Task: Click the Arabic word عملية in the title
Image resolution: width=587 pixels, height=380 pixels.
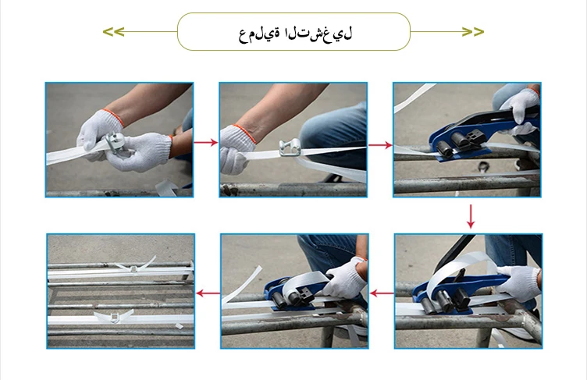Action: click(260, 33)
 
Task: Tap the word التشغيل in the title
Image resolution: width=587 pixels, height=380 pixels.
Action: click(318, 33)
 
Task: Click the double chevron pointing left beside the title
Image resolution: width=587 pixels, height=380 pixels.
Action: click(113, 32)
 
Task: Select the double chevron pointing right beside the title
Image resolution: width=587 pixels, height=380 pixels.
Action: click(472, 32)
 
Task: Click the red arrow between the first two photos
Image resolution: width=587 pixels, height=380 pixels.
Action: click(205, 142)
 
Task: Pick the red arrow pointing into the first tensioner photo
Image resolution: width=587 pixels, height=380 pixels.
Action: click(379, 145)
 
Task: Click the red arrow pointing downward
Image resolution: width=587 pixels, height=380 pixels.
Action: click(470, 216)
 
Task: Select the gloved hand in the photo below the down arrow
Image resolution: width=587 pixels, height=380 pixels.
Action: click(518, 281)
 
